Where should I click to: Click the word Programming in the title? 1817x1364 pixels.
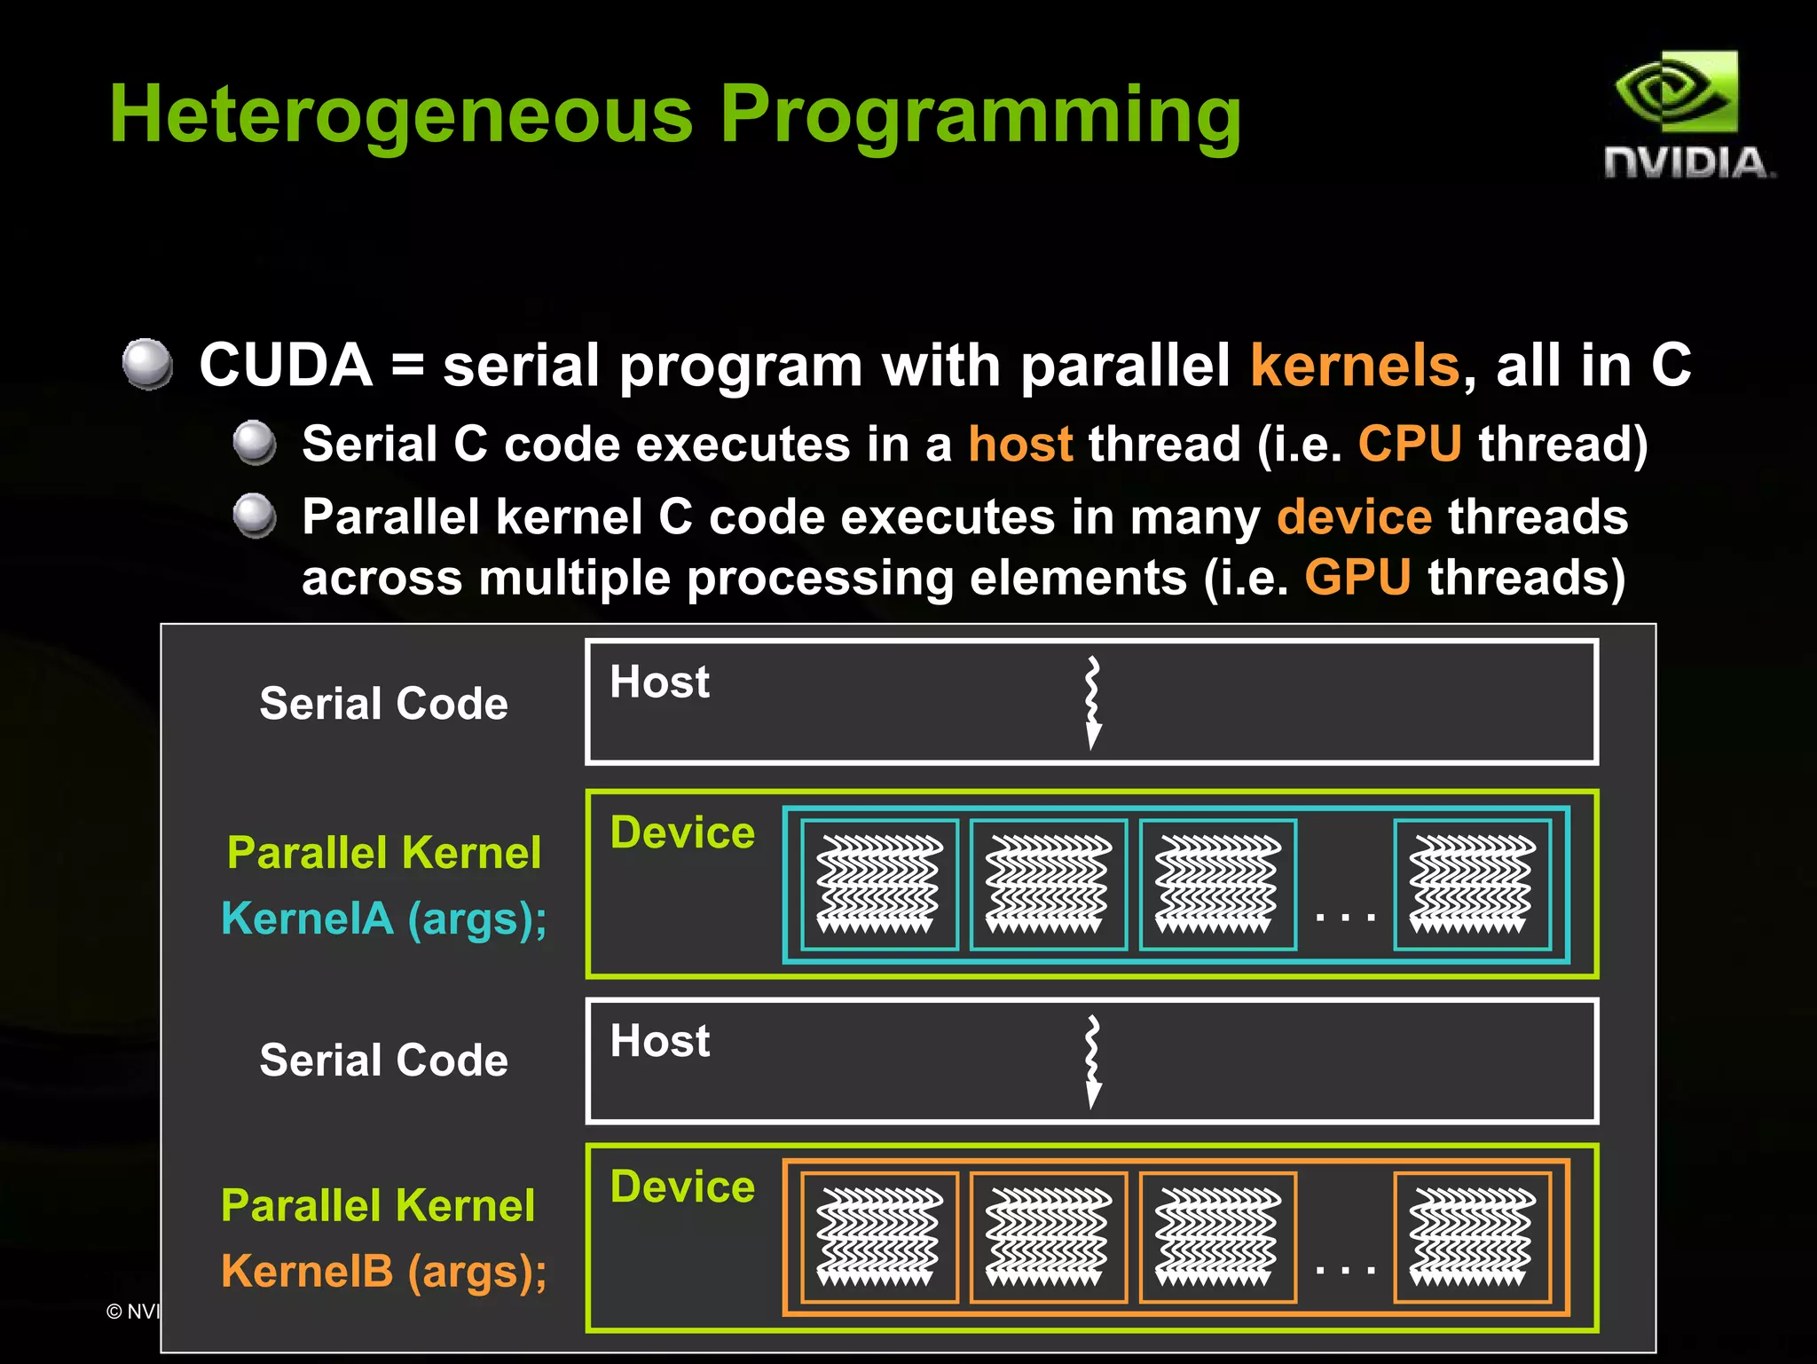980,115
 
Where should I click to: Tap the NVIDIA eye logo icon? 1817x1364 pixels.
1675,92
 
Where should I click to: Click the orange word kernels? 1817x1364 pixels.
1355,366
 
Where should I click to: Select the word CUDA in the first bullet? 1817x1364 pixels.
286,366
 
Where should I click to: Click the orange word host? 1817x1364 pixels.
1020,444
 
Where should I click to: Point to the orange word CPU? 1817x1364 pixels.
1410,444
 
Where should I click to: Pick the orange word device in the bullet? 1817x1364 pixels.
1354,516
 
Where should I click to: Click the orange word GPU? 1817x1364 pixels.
1357,578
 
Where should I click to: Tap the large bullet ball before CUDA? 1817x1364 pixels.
147,364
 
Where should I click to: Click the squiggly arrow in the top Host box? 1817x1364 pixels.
1093,702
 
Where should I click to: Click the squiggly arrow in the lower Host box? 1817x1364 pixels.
1093,1061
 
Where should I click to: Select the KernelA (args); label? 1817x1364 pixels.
383,919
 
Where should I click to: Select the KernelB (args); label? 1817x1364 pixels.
383,1271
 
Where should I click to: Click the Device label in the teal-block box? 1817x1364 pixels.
682,832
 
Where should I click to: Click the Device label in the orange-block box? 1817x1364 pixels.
682,1187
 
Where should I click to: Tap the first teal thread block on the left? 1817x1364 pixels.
879,885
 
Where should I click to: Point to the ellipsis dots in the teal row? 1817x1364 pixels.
1345,917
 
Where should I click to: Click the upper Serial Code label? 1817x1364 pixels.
383,704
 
